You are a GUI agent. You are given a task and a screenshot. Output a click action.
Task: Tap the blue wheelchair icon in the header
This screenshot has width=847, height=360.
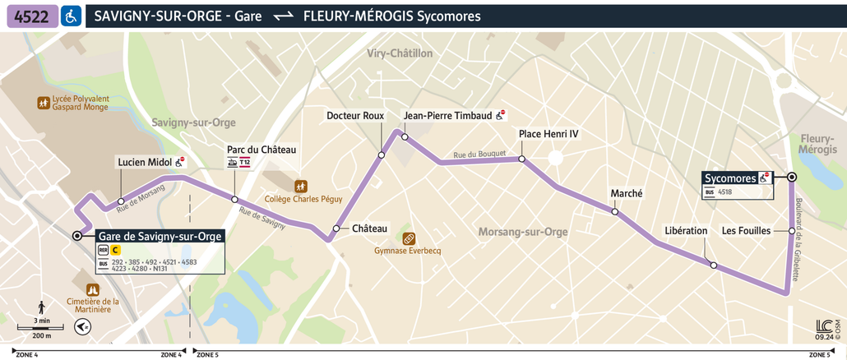click(x=72, y=16)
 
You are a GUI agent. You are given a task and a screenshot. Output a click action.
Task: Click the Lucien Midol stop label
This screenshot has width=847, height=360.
click(x=144, y=162)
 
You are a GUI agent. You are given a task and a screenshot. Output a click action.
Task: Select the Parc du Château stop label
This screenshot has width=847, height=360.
click(x=262, y=150)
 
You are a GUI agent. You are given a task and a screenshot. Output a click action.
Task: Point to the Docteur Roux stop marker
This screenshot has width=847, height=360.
click(x=382, y=155)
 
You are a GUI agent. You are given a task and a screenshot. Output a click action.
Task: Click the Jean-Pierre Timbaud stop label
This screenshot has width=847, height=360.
click(x=448, y=116)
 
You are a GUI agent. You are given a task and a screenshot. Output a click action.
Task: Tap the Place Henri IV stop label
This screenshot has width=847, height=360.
click(x=548, y=133)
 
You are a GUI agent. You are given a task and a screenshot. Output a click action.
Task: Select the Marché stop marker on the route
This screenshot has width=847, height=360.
click(x=615, y=212)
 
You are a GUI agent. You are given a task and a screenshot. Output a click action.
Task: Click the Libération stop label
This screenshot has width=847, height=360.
click(x=686, y=231)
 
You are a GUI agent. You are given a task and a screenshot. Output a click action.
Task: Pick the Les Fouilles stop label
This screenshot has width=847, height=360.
click(x=746, y=231)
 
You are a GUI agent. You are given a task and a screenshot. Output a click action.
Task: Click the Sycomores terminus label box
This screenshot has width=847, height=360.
click(x=730, y=178)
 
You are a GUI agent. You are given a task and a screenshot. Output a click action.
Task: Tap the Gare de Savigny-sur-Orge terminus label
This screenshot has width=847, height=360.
click(x=160, y=236)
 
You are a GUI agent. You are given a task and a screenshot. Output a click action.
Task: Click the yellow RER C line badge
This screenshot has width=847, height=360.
click(x=116, y=250)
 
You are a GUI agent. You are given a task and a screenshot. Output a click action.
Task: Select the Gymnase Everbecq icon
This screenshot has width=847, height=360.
click(x=408, y=238)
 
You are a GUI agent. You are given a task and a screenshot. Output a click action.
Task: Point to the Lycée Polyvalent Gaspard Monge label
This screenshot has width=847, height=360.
click(x=81, y=103)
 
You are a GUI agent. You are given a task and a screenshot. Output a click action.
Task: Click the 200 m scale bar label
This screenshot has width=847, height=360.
click(x=42, y=335)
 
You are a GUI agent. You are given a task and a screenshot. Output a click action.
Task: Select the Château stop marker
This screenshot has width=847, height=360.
click(x=336, y=228)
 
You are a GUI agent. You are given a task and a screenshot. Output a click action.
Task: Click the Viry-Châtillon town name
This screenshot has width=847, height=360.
click(x=400, y=53)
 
